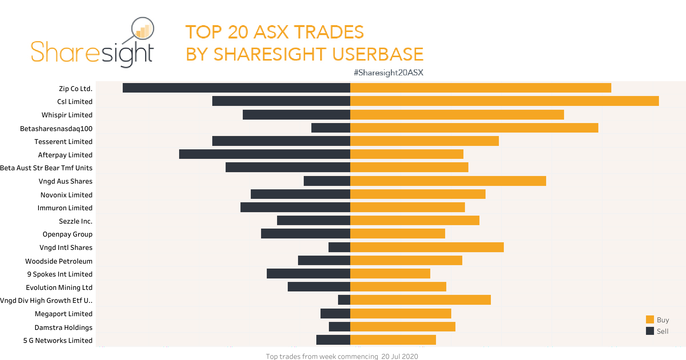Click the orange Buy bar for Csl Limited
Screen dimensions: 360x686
pyautogui.click(x=504, y=101)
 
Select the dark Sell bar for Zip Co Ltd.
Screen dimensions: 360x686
pyautogui.click(x=236, y=88)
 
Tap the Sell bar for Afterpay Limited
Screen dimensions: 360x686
pyautogui.click(x=264, y=154)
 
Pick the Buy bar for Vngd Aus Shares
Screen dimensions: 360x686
pyautogui.click(x=448, y=181)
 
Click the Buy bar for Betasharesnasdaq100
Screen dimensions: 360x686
pyautogui.click(x=474, y=128)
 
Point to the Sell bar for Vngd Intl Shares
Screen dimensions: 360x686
pyautogui.click(x=339, y=247)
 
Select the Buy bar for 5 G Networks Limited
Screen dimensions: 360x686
pyautogui.click(x=393, y=340)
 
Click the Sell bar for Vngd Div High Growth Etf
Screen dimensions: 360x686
pyautogui.click(x=344, y=300)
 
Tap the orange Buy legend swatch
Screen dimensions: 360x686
pyautogui.click(x=650, y=320)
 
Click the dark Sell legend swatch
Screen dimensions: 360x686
pyautogui.click(x=650, y=331)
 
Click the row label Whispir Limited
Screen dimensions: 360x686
pyautogui.click(x=67, y=115)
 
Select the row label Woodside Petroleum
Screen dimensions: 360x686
pyautogui.click(x=59, y=261)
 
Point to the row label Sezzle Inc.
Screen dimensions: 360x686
pyautogui.click(x=75, y=221)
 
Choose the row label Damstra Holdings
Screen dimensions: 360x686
pyautogui.click(x=63, y=328)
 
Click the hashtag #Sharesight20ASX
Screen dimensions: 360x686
pyautogui.click(x=388, y=73)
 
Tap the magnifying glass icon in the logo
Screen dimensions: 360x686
pyautogui.click(x=142, y=29)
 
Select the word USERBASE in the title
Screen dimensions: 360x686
pyautogui.click(x=378, y=54)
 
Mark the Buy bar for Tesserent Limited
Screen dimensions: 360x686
pyautogui.click(x=424, y=141)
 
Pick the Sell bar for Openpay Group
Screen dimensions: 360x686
pyautogui.click(x=306, y=234)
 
